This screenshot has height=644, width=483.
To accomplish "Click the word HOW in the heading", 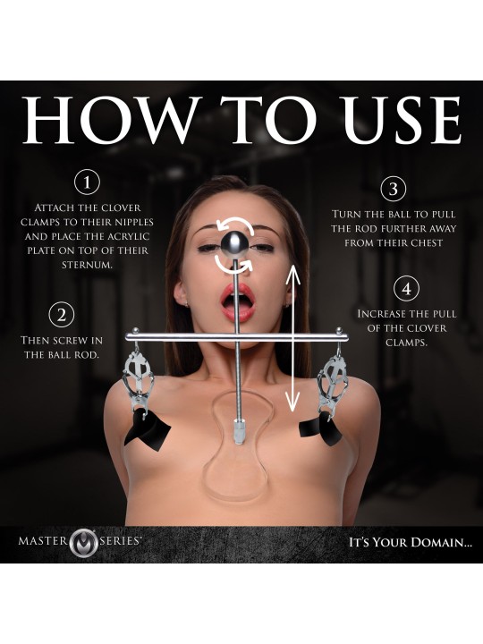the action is point(112,120).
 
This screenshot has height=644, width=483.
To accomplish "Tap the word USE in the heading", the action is point(402,120).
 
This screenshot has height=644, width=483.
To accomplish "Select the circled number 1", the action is point(87,182).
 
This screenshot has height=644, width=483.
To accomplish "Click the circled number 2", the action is point(62,315).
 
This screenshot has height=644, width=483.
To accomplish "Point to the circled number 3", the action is point(394,189).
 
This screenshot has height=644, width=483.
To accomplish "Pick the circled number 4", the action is point(406,289).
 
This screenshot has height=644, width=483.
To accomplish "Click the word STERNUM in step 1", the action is point(87,265).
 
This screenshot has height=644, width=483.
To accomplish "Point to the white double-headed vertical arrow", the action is point(292,338).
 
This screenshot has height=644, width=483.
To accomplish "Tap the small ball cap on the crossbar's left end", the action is point(135,330).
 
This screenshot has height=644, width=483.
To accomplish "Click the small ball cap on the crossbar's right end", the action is point(339,330).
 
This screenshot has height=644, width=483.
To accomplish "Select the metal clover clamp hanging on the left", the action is point(138,381).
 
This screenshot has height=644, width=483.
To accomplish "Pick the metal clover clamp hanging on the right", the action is point(333,381).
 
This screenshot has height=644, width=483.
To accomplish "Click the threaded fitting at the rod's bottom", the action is point(239,431).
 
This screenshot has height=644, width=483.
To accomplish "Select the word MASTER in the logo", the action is point(42,540).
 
